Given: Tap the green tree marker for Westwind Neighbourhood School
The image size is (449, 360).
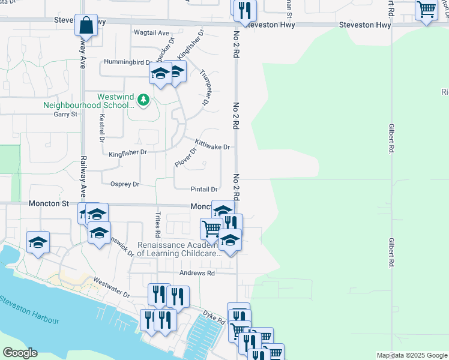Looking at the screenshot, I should pyautogui.click(x=143, y=100).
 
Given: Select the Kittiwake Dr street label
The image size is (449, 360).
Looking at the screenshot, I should pyautogui.click(x=212, y=145).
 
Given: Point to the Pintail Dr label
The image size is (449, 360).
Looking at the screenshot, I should pyautogui.click(x=204, y=188).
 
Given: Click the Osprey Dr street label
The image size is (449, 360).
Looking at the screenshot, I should pyautogui.click(x=125, y=184).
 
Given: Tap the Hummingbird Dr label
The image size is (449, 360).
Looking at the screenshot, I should pyautogui.click(x=127, y=62).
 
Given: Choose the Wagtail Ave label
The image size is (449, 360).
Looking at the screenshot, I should pyautogui.click(x=151, y=32).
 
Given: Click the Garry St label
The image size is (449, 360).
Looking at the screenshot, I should pyautogui.click(x=65, y=114).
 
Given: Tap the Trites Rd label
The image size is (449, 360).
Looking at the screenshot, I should pyautogui.click(x=158, y=223).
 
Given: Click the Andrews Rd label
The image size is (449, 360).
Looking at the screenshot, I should pyautogui.click(x=197, y=273).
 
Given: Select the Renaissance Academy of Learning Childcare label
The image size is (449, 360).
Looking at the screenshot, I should pyautogui.click(x=179, y=249).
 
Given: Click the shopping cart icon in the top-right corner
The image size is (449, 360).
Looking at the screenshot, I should pyautogui.click(x=426, y=10).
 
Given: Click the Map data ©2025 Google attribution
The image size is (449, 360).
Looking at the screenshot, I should pyautogui.click(x=412, y=355).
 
